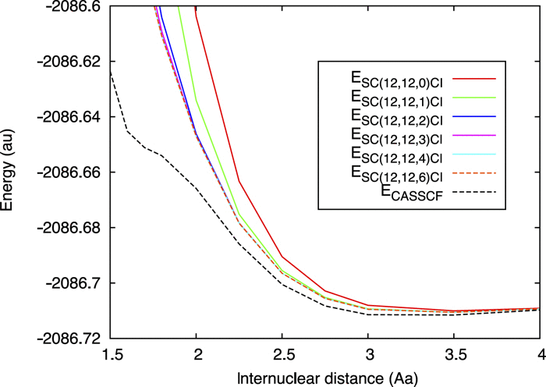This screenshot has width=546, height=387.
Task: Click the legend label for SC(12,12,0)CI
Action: click(x=397, y=80)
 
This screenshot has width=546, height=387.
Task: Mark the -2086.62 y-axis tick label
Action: click(x=72, y=61)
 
